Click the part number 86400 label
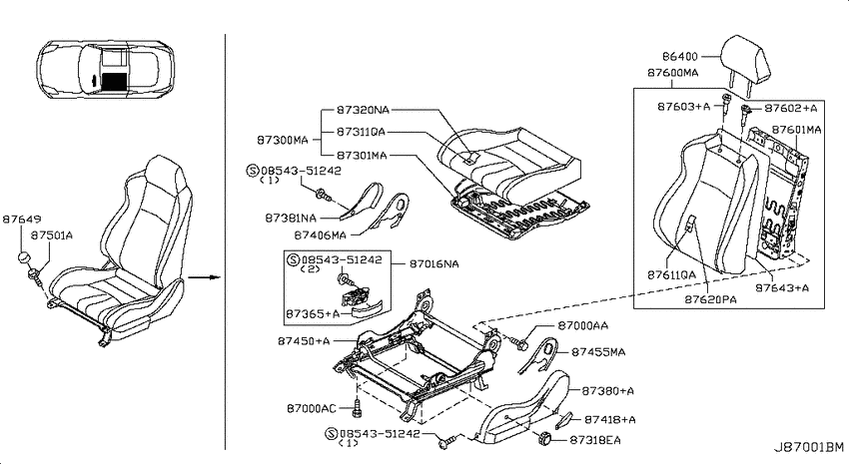(680, 56)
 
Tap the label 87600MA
(673, 73)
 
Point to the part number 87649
(22, 219)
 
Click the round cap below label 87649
(23, 256)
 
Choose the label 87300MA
(282, 140)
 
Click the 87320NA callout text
(363, 110)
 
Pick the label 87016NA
(434, 263)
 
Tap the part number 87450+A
(304, 341)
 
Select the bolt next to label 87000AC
(357, 408)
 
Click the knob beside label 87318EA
(544, 439)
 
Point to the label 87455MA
(598, 352)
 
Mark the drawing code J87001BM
(808, 448)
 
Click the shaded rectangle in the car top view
(114, 81)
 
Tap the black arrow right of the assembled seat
(204, 277)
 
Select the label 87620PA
(710, 299)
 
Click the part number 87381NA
(291, 218)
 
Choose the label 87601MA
(796, 130)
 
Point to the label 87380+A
(608, 390)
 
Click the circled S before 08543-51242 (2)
(294, 260)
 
